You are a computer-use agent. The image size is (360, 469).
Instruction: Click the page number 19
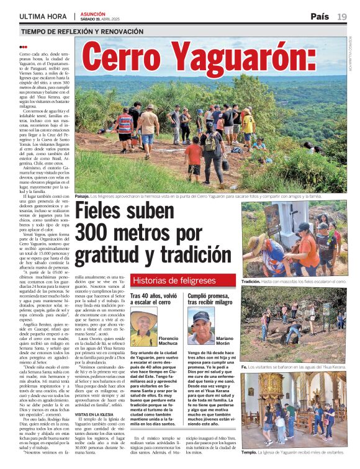click(342, 16)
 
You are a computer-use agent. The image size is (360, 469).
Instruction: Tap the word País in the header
click(320, 16)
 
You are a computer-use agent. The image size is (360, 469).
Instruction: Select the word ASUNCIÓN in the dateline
click(93, 14)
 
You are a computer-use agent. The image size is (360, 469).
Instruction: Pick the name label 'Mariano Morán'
click(225, 340)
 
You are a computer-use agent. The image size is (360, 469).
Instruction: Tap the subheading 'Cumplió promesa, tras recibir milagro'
click(210, 300)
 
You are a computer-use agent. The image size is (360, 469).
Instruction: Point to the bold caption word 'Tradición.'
click(251, 281)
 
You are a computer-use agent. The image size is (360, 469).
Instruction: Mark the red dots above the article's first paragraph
click(24, 47)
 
